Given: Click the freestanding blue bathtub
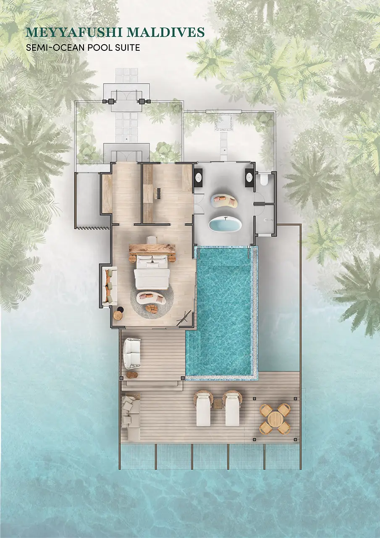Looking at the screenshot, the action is click(x=225, y=224).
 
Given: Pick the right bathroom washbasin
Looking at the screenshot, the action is click(x=250, y=177).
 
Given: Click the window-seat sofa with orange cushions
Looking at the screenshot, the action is click(x=110, y=286).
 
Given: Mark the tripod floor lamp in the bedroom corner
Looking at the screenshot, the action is click(x=185, y=318).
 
